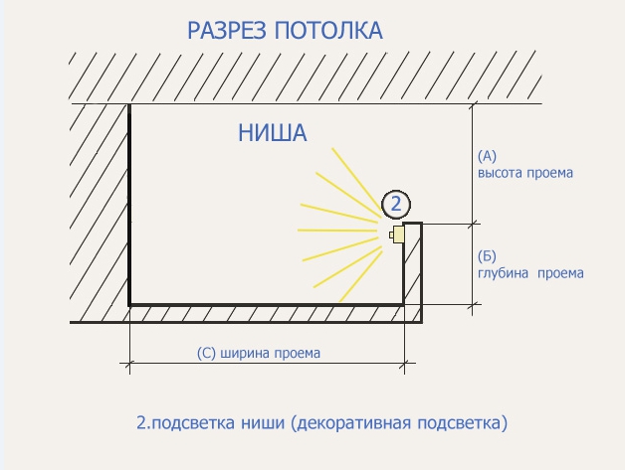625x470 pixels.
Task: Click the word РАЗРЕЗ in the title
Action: (x=226, y=31)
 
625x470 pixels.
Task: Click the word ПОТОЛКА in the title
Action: (x=328, y=31)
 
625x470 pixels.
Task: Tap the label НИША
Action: (x=273, y=132)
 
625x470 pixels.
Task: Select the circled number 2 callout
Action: (x=396, y=204)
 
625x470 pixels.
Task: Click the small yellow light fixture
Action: (x=397, y=235)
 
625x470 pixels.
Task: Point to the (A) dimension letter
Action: (x=487, y=156)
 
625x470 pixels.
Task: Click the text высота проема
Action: (x=525, y=173)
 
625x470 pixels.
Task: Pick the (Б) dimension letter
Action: (x=487, y=256)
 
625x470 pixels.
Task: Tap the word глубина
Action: (x=503, y=273)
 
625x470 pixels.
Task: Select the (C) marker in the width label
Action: (x=206, y=353)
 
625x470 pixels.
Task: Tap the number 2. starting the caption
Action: (x=144, y=422)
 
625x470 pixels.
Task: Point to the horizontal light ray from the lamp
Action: (x=337, y=231)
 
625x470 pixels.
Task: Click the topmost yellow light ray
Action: (x=356, y=179)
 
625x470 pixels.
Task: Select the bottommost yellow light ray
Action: (x=360, y=276)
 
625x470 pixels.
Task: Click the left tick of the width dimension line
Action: (x=129, y=363)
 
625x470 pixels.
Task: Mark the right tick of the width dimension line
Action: (x=405, y=363)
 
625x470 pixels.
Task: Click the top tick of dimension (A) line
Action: (x=473, y=104)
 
